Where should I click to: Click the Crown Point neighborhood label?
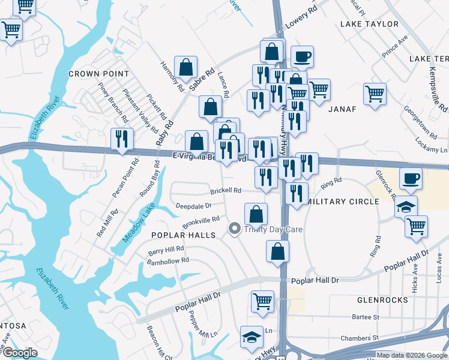coord(98,74)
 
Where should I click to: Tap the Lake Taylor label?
coord(369,24)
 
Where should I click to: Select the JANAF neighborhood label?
coord(342,109)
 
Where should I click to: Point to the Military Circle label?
coord(343,202)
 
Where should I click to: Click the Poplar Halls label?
coord(183,235)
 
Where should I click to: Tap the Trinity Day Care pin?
coord(234,229)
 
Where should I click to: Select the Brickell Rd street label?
coord(225,191)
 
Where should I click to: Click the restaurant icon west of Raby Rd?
coord(122,139)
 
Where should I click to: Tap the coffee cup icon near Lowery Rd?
coord(302,56)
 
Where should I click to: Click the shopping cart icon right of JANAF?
coord(375,93)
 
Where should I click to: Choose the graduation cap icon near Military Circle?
coord(406,206)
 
